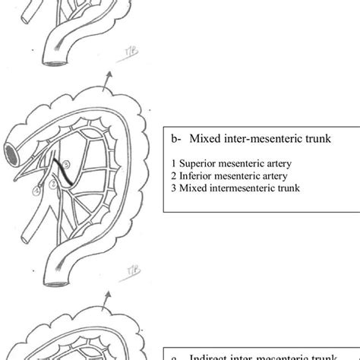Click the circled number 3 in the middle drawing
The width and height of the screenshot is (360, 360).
pyautogui.click(x=65, y=164)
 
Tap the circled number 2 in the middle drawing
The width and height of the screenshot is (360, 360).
pyautogui.click(x=52, y=183)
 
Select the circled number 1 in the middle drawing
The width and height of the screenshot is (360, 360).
pyautogui.click(x=36, y=191)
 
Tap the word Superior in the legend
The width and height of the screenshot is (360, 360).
pyautogui.click(x=199, y=163)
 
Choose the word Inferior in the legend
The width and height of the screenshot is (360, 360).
pyautogui.click(x=197, y=175)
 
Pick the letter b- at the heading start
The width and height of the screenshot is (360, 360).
pyautogui.click(x=175, y=139)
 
